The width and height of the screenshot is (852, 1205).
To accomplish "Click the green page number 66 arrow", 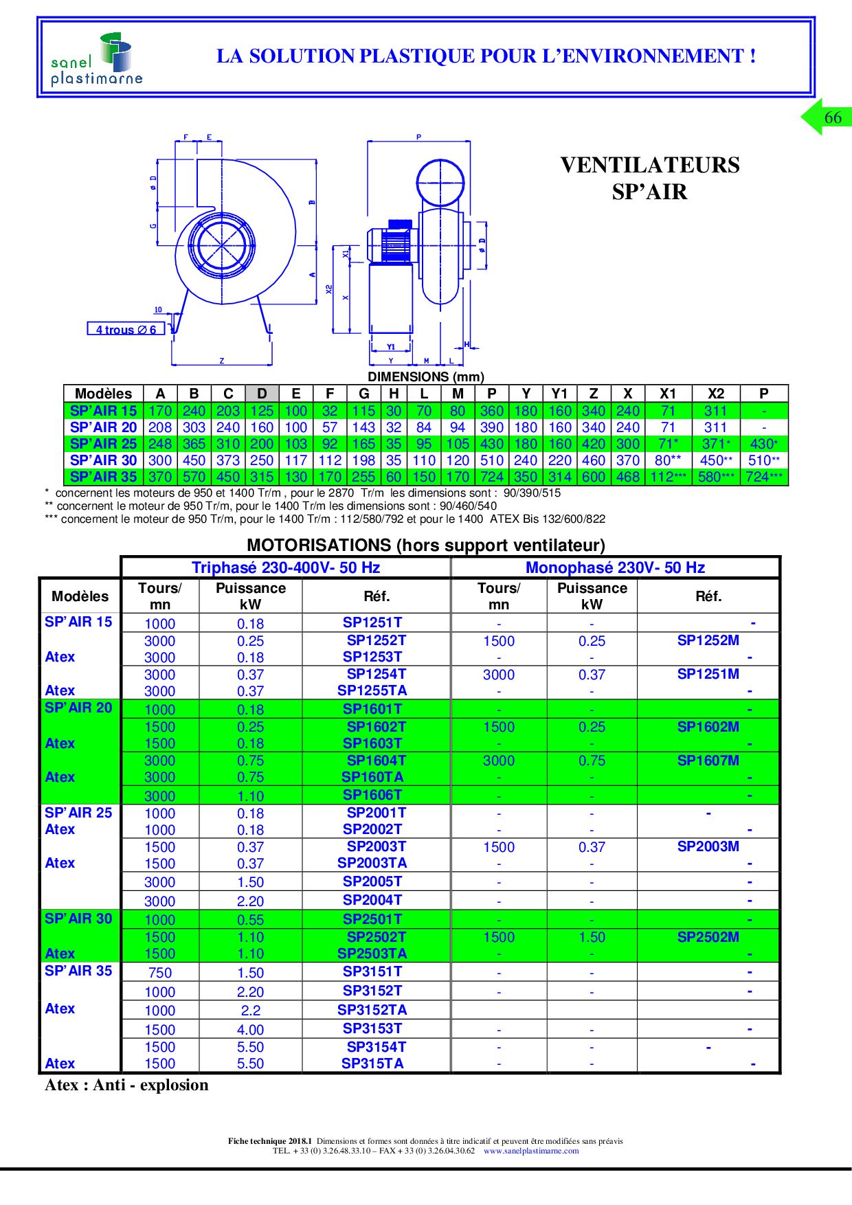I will pyautogui.click(x=827, y=117).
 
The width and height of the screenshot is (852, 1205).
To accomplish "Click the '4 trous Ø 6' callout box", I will pyautogui.click(x=126, y=329).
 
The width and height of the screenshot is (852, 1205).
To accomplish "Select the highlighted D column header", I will pyautogui.click(x=262, y=394).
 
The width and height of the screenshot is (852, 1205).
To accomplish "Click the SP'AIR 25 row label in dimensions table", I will pyautogui.click(x=103, y=444).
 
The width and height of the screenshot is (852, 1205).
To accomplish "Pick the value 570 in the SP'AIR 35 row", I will pyautogui.click(x=194, y=477).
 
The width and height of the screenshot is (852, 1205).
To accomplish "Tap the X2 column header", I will pyautogui.click(x=715, y=394).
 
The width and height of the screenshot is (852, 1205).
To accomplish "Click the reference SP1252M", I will pyautogui.click(x=708, y=640).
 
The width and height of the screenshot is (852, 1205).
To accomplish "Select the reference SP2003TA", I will pyautogui.click(x=372, y=863).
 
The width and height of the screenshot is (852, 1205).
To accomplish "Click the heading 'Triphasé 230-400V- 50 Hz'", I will pyautogui.click(x=286, y=567).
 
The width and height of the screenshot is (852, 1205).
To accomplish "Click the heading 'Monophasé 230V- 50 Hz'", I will pyautogui.click(x=615, y=567).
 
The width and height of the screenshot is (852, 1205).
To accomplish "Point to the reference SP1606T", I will pyautogui.click(x=372, y=795).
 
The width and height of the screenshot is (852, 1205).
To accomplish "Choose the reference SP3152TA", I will pyautogui.click(x=372, y=1010).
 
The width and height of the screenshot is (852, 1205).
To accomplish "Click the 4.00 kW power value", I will pyautogui.click(x=250, y=1030).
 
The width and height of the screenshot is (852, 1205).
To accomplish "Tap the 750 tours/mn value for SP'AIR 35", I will pyautogui.click(x=159, y=973).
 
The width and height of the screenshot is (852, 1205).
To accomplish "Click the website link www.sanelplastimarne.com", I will pyautogui.click(x=530, y=1151).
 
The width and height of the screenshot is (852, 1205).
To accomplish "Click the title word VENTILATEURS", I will pyautogui.click(x=649, y=166).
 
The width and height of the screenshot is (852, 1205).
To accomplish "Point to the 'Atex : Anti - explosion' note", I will pyautogui.click(x=126, y=1085).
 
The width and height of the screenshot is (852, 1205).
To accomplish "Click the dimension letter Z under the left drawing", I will pyautogui.click(x=221, y=361).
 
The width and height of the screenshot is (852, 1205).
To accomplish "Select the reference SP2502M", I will pyautogui.click(x=708, y=937).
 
